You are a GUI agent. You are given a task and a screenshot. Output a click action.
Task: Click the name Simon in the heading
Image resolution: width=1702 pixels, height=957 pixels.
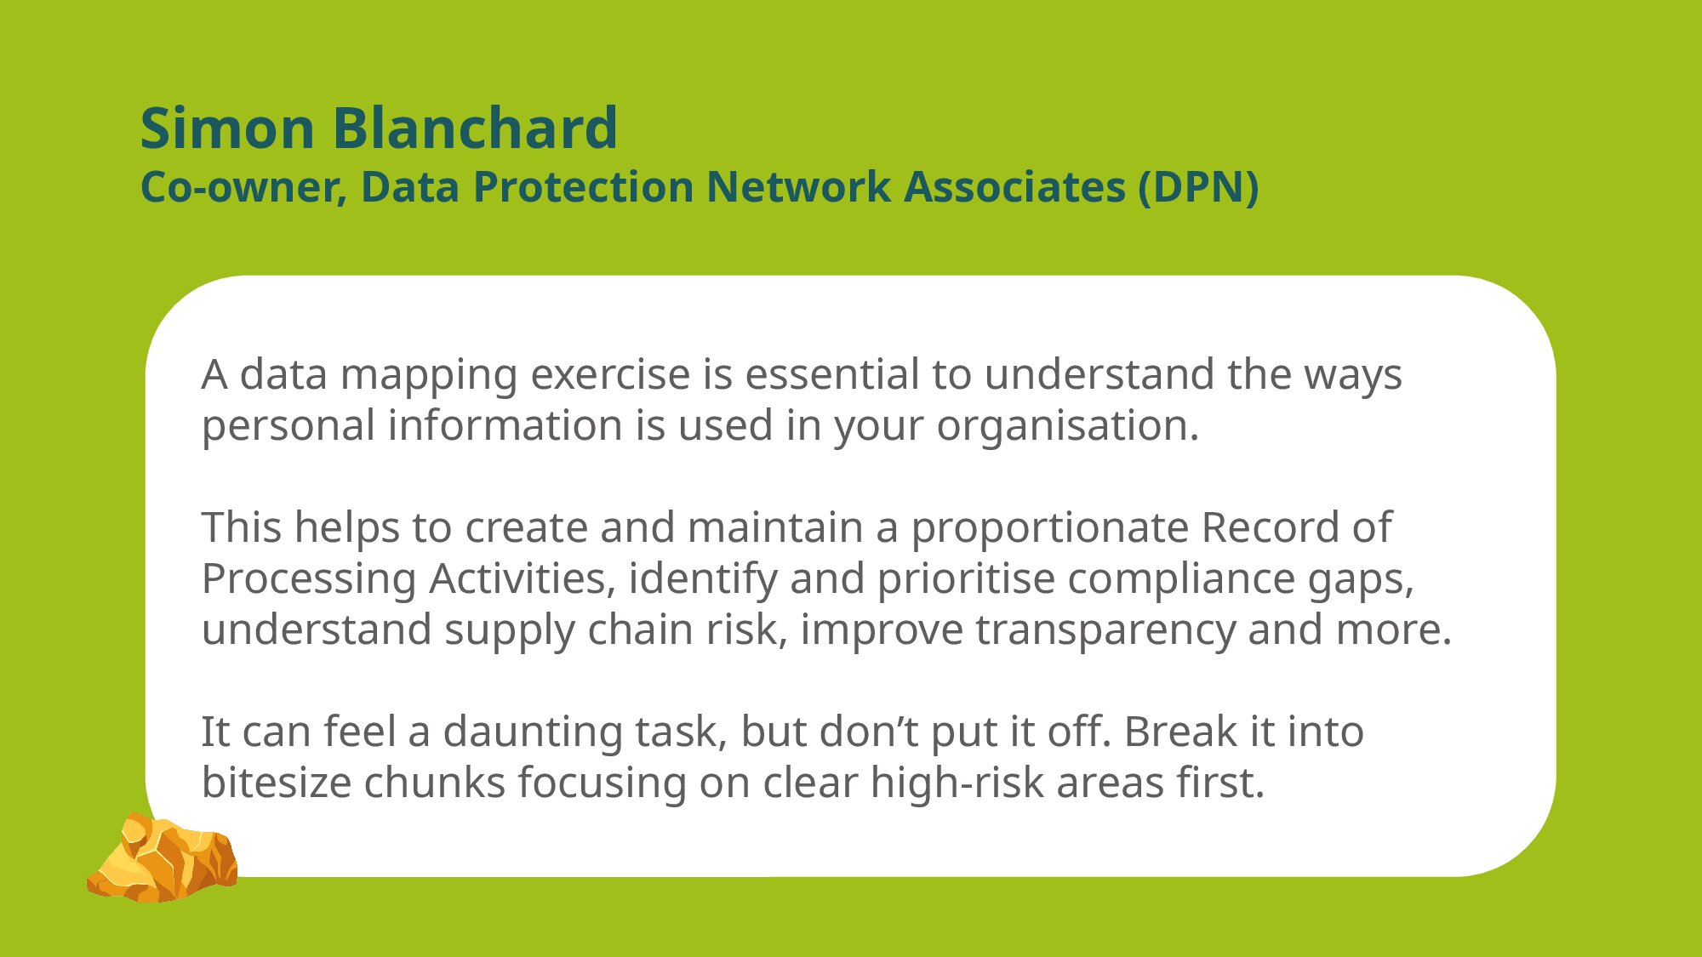point(227,128)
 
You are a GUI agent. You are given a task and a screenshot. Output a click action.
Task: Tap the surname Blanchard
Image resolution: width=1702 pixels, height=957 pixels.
point(475,128)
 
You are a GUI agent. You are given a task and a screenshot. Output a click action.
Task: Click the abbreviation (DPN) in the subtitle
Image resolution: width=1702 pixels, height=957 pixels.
point(1199,187)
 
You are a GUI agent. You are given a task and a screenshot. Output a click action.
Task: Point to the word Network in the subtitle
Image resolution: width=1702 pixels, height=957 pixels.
point(798,186)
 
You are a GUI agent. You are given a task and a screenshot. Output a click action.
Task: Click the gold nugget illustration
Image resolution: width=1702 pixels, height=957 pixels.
point(162,857)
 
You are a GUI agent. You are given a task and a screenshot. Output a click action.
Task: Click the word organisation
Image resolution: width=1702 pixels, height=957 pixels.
point(1068,425)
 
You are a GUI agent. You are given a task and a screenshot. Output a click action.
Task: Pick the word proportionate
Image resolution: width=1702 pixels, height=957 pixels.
point(1049,529)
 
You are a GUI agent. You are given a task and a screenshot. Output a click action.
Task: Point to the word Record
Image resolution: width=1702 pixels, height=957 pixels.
point(1270,527)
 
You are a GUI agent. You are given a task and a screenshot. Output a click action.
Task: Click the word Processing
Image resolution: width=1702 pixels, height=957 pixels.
point(309,580)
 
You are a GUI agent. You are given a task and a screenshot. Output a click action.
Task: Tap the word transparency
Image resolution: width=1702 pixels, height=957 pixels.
point(1105,631)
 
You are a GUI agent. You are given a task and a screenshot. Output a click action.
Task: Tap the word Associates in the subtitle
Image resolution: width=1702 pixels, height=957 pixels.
point(1014,186)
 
